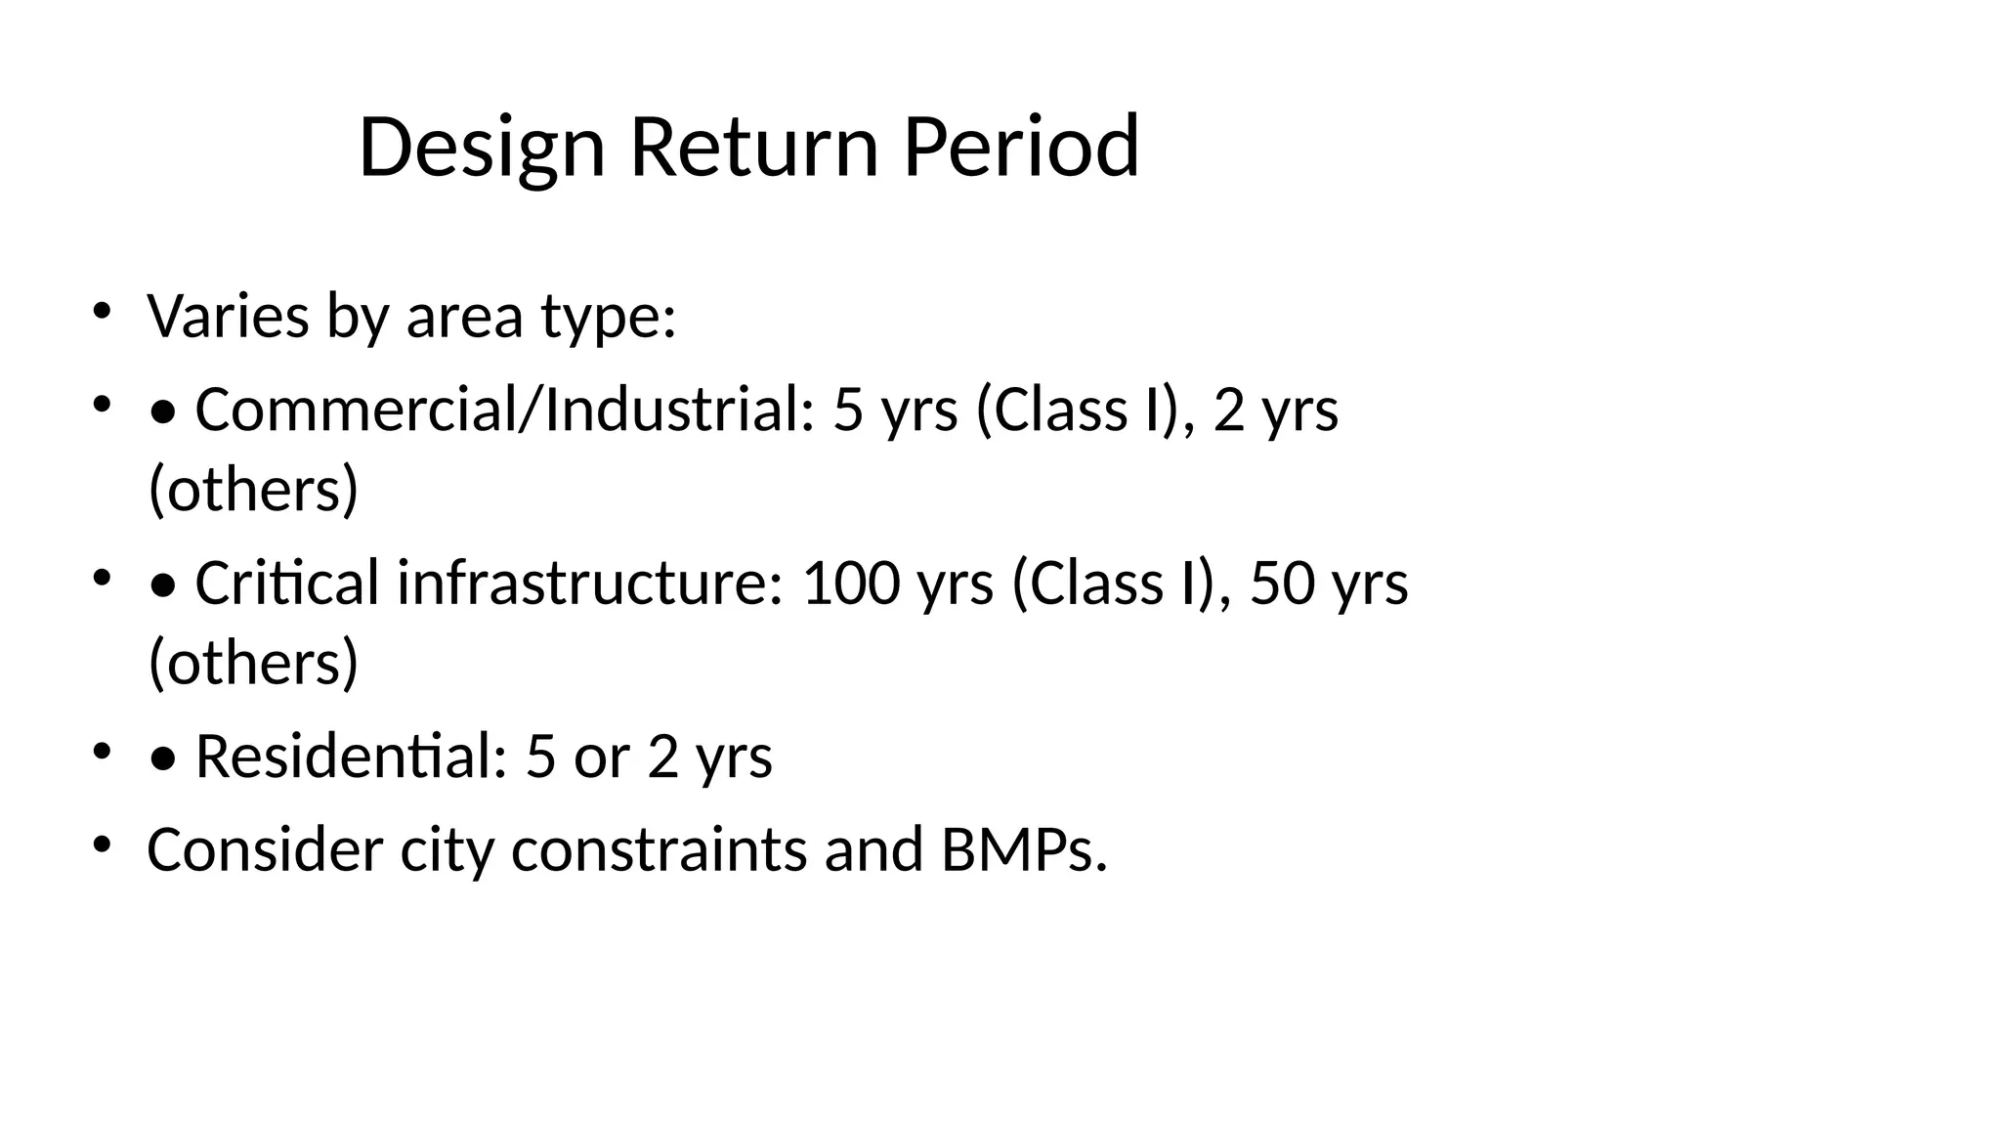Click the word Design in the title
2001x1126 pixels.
pyautogui.click(x=482, y=148)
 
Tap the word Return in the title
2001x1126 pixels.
pyautogui.click(x=754, y=148)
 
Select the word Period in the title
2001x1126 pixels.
pyautogui.click(x=1021, y=148)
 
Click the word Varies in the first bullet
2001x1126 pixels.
pyautogui.click(x=228, y=317)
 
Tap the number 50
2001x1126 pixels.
pyautogui.click(x=1282, y=583)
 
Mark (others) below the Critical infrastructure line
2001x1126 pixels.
pyautogui.click(x=254, y=662)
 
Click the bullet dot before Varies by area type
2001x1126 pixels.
pyautogui.click(x=101, y=311)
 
